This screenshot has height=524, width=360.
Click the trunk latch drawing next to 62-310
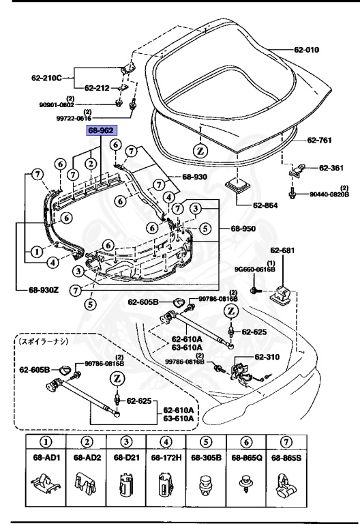240,372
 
